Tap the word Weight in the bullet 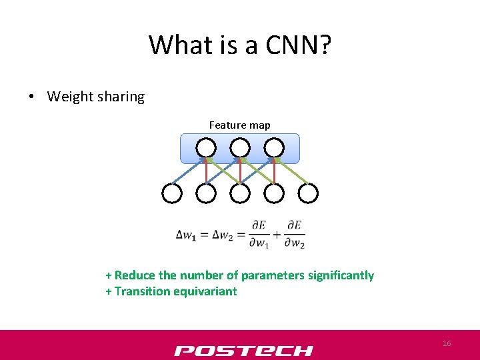click(70, 97)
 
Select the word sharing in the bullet click(121, 97)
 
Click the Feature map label click(240, 125)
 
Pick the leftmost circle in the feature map click(206, 147)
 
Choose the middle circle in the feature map click(240, 147)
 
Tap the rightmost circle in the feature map click(274, 147)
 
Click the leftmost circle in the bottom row click(172, 193)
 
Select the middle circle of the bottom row click(240, 193)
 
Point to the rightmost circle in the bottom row click(308, 193)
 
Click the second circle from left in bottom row click(206, 193)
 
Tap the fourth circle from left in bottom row click(274, 193)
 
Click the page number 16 click(447, 343)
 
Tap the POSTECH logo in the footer click(243, 351)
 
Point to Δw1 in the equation click(186, 234)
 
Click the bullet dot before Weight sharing click(32, 97)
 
